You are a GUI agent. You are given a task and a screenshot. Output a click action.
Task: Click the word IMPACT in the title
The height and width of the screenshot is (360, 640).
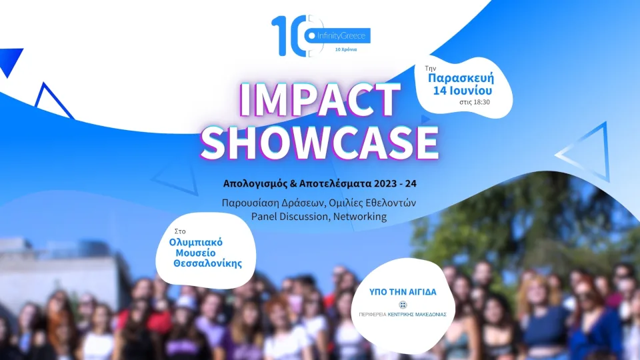tap(319, 101)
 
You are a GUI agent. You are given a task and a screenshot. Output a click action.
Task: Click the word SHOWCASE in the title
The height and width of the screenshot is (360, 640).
tap(320, 141)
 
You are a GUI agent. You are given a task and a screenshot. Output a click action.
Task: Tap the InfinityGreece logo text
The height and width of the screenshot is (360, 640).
tap(343, 35)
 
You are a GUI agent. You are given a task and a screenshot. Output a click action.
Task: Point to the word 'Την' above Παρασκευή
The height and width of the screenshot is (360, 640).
tap(431, 68)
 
